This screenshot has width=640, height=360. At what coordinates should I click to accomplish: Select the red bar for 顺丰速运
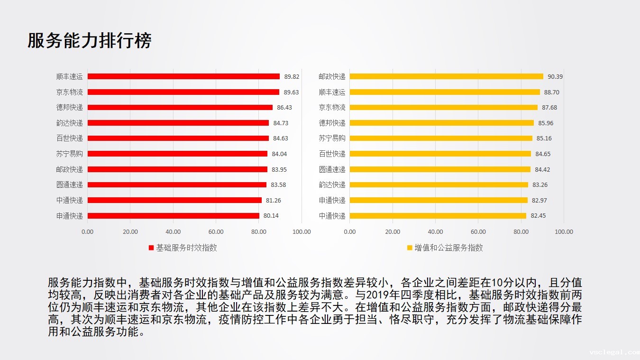click(x=183, y=76)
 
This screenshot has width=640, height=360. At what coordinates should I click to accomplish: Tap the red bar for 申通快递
click(x=173, y=216)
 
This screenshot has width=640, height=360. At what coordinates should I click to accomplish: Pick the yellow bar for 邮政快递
click(x=446, y=76)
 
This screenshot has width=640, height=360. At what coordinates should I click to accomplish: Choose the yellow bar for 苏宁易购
click(x=441, y=138)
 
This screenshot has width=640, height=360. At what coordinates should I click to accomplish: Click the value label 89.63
click(x=291, y=92)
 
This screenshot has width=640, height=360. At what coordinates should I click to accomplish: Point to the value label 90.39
click(x=555, y=77)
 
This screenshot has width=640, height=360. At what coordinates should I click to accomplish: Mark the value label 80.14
click(x=271, y=216)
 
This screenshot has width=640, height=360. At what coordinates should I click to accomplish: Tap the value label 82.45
click(x=538, y=216)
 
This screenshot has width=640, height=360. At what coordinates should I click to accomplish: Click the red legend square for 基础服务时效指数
click(x=151, y=248)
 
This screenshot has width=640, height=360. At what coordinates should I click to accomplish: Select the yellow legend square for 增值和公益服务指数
click(x=410, y=248)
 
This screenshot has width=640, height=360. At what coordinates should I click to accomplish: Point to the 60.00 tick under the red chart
click(x=216, y=231)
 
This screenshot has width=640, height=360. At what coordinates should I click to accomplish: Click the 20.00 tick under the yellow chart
click(x=393, y=231)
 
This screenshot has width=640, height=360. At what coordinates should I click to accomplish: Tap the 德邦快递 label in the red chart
click(x=69, y=107)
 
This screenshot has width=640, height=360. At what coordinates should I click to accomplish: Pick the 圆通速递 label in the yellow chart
click(x=332, y=169)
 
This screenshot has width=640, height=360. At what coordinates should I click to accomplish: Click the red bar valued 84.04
click(x=177, y=154)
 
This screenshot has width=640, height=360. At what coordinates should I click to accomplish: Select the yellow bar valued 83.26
click(x=439, y=185)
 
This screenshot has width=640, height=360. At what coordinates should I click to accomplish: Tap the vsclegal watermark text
click(x=614, y=352)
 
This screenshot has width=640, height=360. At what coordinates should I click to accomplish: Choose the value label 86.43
click(x=284, y=108)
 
